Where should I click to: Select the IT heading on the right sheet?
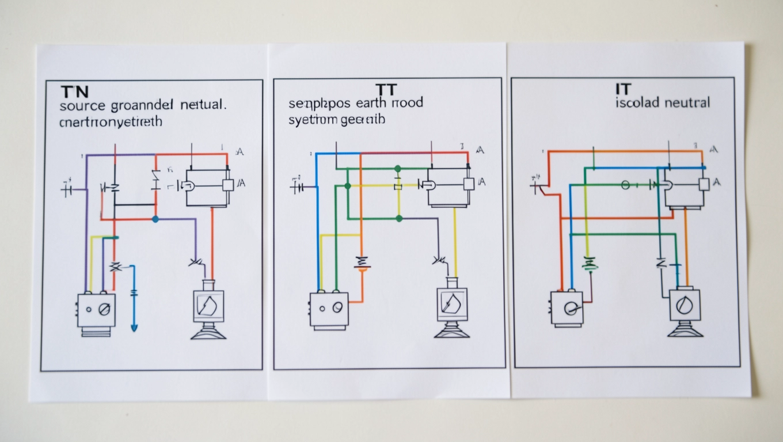[623, 89]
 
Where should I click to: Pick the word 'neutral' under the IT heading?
[687, 103]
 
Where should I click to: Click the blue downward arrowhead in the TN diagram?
[134, 328]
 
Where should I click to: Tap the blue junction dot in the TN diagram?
[155, 219]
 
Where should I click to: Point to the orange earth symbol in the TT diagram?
[362, 262]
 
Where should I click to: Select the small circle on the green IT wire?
[626, 185]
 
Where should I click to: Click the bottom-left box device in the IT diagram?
[567, 308]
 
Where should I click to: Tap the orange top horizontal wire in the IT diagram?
[625, 151]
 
